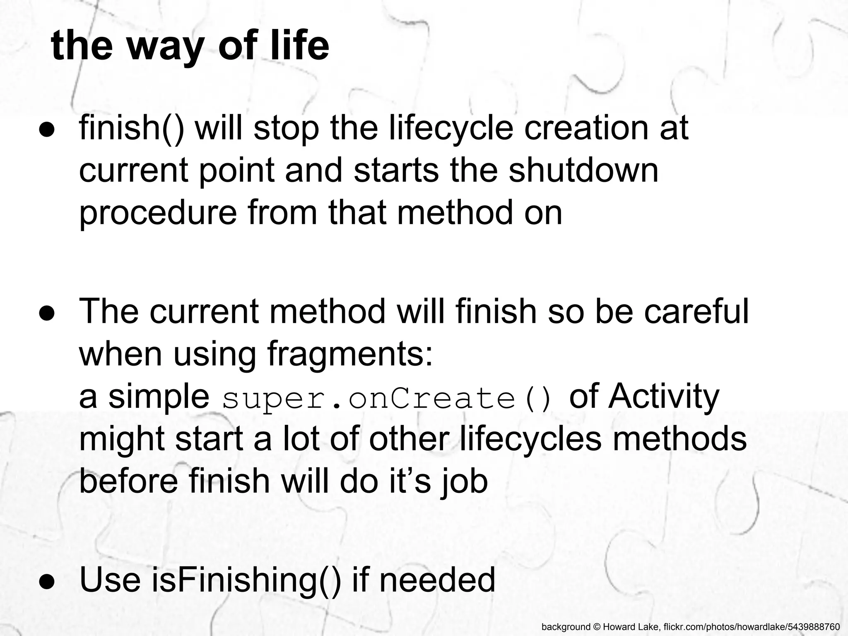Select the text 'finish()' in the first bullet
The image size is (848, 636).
click(x=131, y=128)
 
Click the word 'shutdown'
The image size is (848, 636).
click(x=583, y=170)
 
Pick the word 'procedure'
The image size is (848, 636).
click(x=158, y=213)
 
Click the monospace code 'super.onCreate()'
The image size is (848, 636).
click(x=388, y=398)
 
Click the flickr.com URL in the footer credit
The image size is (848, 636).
click(x=751, y=627)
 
